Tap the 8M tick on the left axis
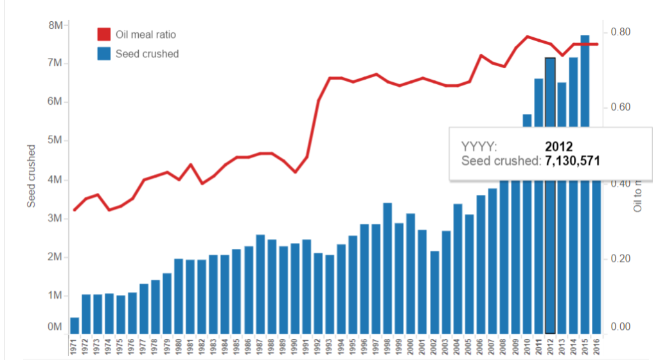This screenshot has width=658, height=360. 55,25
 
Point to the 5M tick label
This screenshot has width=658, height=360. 55,141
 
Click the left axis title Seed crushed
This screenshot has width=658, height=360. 31,176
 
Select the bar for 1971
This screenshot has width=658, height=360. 75,325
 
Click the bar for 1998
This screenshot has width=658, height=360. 387,267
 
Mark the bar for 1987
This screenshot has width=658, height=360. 260,283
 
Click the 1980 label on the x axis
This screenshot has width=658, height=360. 179,346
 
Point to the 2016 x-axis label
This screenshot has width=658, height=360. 596,346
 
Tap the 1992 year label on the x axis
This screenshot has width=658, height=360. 318,346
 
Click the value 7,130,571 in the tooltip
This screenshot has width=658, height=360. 573,161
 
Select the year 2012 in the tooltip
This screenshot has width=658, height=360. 558,147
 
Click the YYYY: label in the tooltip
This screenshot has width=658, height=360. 479,147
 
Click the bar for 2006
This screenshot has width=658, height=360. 481,264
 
